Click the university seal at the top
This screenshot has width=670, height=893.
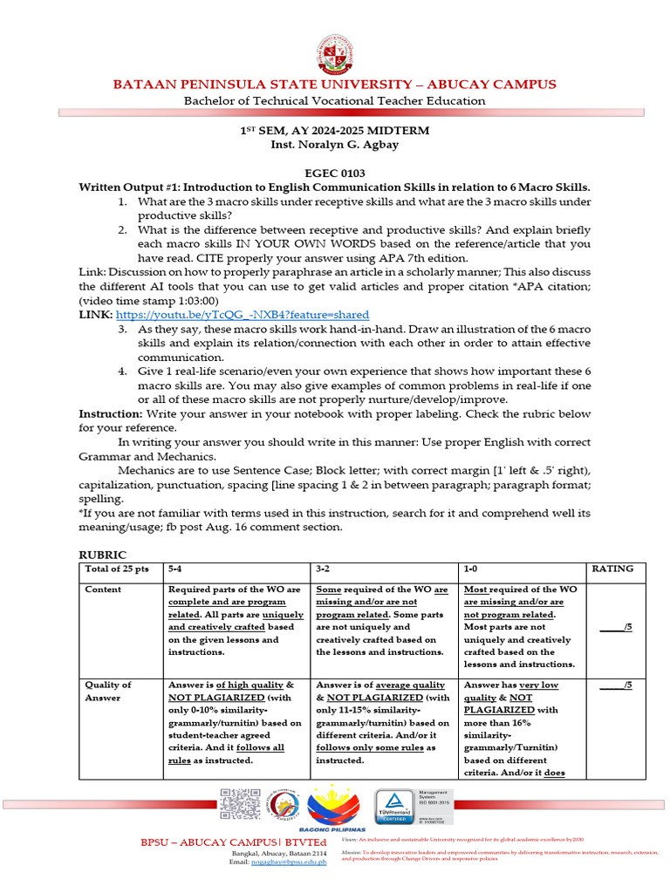pos(334,54)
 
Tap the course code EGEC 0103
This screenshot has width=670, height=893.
pos(334,174)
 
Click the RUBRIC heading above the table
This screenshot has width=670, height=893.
pos(102,555)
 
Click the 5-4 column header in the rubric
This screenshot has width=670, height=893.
pos(175,569)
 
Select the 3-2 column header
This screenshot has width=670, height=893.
pos(323,569)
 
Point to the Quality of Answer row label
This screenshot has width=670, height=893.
pos(107,692)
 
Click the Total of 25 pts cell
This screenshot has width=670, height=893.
pos(117,569)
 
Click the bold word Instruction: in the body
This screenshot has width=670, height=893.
pos(111,413)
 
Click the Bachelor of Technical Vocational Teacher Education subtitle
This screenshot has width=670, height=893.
pos(334,100)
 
